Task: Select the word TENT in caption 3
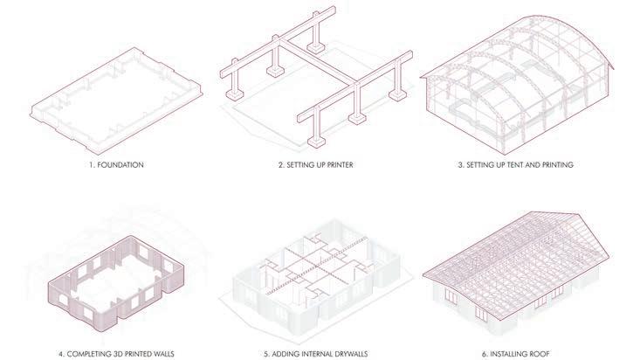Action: coord(519,164)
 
